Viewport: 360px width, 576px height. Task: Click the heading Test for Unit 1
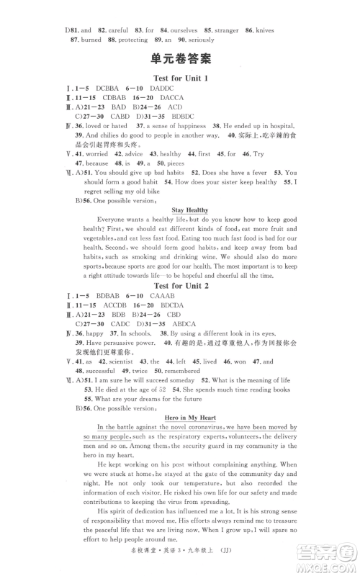click(181, 77)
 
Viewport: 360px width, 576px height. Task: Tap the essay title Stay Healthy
click(181, 210)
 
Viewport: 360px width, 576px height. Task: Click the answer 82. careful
click(112, 30)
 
